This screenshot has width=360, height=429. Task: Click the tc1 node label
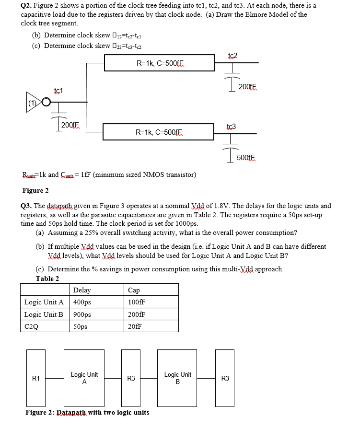click(x=58, y=91)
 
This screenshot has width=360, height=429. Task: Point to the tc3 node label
click(x=231, y=127)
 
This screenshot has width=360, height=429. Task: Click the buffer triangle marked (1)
click(x=34, y=102)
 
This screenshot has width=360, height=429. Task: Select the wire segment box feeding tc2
click(x=160, y=63)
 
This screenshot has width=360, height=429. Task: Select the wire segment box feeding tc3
click(x=158, y=132)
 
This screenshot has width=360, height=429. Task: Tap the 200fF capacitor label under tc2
click(x=248, y=87)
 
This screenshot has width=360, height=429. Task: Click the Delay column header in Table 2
click(x=82, y=290)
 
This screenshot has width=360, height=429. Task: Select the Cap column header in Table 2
click(x=134, y=290)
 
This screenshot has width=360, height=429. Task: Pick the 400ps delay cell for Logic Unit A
click(x=82, y=302)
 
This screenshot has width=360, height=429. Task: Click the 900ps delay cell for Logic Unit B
click(x=82, y=314)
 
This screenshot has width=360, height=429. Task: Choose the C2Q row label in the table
click(x=31, y=327)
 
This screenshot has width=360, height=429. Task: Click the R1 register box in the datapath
click(x=36, y=378)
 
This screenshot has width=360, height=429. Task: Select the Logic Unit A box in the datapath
click(x=84, y=378)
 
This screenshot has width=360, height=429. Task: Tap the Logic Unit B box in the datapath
click(x=177, y=378)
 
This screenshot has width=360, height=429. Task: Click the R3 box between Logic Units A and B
click(x=131, y=378)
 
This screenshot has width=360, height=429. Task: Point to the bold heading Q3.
click(x=27, y=206)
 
